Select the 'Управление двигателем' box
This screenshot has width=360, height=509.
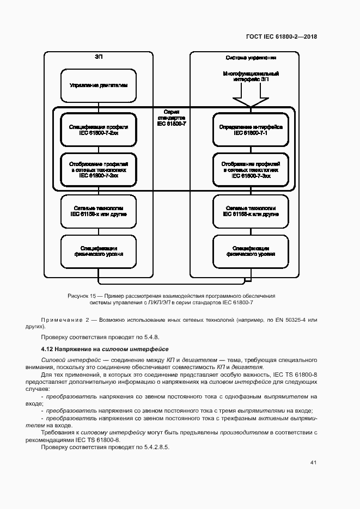(x=99, y=85)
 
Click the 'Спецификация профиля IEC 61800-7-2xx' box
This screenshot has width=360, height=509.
(x=99, y=130)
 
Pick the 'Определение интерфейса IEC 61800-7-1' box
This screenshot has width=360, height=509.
(x=250, y=130)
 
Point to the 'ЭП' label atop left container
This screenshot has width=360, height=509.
(x=98, y=57)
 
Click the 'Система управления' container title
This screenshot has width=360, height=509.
(x=250, y=57)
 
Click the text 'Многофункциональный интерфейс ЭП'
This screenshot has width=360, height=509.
(x=250, y=76)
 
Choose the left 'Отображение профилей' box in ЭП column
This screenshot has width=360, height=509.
(x=99, y=169)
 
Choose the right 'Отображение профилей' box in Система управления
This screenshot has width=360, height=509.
(x=250, y=169)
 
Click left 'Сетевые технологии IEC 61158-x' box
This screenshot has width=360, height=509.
(x=99, y=211)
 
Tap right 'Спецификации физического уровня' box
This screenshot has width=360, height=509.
(x=250, y=251)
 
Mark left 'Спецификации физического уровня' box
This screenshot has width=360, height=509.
(x=99, y=251)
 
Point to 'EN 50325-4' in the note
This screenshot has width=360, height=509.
(x=292, y=318)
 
